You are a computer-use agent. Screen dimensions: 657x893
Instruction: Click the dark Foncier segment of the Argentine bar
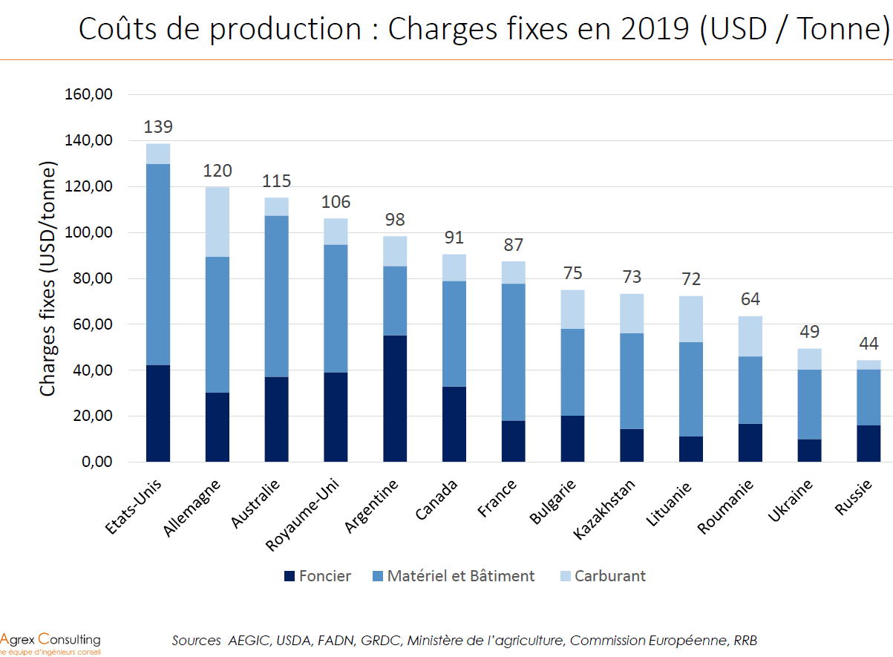pyautogui.click(x=395, y=399)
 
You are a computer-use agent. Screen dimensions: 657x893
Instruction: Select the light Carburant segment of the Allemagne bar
pyautogui.click(x=217, y=221)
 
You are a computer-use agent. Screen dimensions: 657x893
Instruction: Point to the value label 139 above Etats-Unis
pyautogui.click(x=158, y=126)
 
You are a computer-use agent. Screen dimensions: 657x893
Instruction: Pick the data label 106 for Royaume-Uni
pyautogui.click(x=336, y=202)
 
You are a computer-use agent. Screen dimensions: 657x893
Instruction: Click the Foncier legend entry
pyautogui.click(x=317, y=576)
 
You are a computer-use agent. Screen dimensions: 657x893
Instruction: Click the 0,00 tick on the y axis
pyautogui.click(x=97, y=462)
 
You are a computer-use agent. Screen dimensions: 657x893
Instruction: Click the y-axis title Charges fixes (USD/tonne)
pyautogui.click(x=48, y=278)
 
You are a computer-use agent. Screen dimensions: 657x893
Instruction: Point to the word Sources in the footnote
pyautogui.click(x=196, y=640)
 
